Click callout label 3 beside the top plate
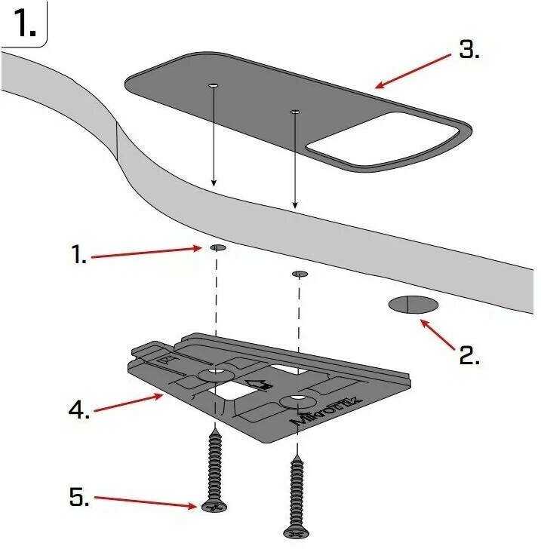click(469, 51)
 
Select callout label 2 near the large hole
click(469, 355)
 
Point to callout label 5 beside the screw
click(79, 497)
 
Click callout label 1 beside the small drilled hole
click(79, 256)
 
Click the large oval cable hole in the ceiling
click(413, 305)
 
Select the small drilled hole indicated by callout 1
click(217, 247)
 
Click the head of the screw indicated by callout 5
click(213, 507)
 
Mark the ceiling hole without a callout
click(300, 273)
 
